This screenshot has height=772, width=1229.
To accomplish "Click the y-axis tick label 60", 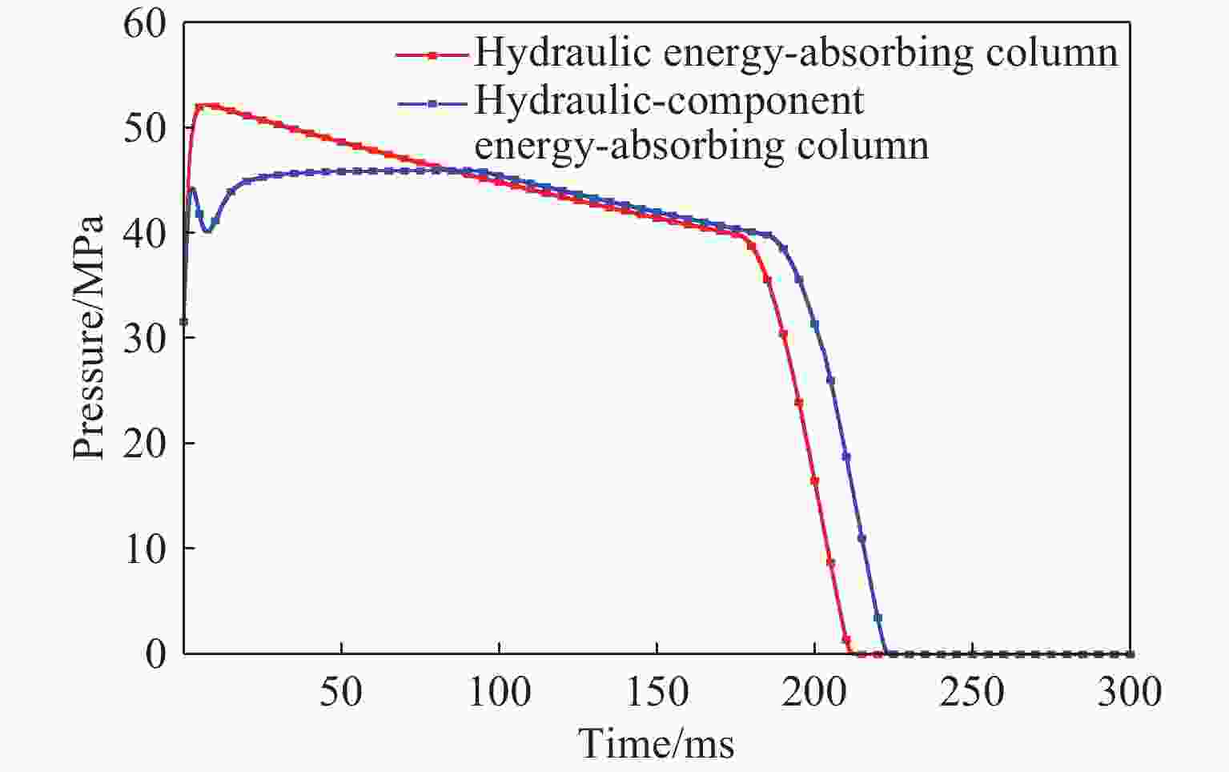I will click(x=145, y=24).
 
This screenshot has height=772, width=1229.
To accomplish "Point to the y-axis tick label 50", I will click(x=145, y=129).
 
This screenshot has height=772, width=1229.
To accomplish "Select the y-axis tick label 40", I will click(x=145, y=234).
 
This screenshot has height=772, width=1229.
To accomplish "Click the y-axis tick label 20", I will click(x=145, y=444).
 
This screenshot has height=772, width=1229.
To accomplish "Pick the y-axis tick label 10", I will click(x=145, y=549).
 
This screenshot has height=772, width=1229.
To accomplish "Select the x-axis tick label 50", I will click(x=341, y=691).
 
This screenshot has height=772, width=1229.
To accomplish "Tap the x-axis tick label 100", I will click(x=499, y=691).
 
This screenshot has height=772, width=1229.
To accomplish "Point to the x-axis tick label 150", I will click(x=657, y=691).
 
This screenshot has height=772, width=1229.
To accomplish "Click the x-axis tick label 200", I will click(x=814, y=691).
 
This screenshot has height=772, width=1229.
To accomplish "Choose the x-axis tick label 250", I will click(x=971, y=691).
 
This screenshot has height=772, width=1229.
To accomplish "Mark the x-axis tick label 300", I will click(x=1129, y=691).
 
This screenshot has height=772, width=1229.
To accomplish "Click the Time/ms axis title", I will click(x=657, y=744).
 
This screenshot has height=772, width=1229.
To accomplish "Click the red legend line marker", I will click(x=432, y=55).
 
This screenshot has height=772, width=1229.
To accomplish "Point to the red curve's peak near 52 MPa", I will click(x=203, y=105).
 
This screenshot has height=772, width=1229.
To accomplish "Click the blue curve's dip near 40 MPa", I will click(x=207, y=231).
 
